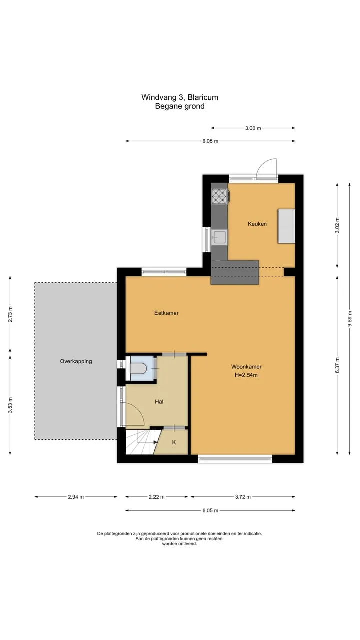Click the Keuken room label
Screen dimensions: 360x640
pos(257,224)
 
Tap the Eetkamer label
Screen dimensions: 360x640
pos(166,313)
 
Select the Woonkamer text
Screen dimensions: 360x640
pos(246,367)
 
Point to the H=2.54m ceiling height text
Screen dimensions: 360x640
pos(246,375)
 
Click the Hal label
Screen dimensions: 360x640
pos(159,402)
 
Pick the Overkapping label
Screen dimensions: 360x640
pos(76,361)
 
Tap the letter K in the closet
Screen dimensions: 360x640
pos(174,442)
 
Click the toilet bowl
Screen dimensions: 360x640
pos(138,368)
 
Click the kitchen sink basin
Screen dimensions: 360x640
pos(219,237)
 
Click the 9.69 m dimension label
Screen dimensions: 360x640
pos(350,319)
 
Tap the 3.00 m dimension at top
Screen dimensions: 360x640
pos(253,128)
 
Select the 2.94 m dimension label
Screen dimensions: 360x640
pos(76,497)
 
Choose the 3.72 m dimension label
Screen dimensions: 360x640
pos(243,497)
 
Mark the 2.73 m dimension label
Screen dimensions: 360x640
pos(10,314)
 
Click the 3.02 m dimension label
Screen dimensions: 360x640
pos(337,225)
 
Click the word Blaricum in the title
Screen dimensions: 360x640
pos(203,97)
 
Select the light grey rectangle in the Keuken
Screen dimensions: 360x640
pos(286,226)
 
